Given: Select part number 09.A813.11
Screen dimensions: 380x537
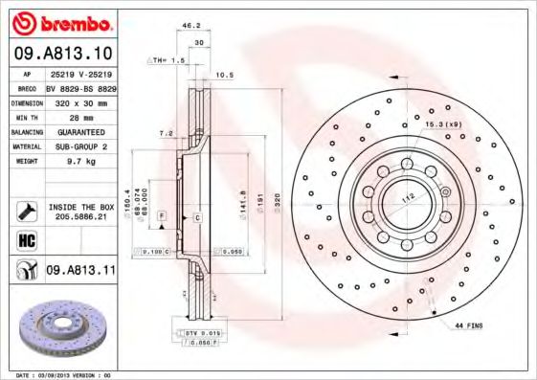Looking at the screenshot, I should pyautogui.click(x=80, y=272).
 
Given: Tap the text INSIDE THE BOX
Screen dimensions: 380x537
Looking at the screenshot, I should pyautogui.click(x=80, y=206).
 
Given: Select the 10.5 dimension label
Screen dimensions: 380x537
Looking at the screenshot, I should pyautogui.click(x=225, y=74).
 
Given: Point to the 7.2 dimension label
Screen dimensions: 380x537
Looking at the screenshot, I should pyautogui.click(x=165, y=134).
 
